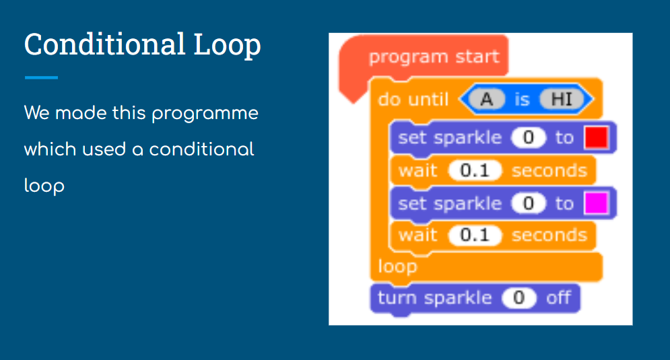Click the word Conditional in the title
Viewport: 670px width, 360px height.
coord(104,44)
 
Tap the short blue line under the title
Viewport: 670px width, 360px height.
coord(41,77)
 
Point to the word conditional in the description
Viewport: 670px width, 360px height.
coord(201,149)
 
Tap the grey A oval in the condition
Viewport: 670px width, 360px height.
coord(487,100)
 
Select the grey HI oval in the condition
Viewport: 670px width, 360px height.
coord(562,100)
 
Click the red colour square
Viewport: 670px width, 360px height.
coord(596,137)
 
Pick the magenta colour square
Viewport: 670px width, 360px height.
coord(596,203)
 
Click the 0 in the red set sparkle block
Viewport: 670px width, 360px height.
coord(529,137)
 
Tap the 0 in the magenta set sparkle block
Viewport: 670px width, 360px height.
coord(529,203)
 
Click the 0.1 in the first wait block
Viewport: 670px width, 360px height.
coord(475,171)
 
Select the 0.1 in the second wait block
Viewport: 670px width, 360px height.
coord(475,236)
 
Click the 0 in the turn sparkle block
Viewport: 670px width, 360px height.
coord(518,297)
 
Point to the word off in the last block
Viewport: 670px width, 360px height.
coord(558,297)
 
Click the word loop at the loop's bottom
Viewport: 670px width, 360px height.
coord(397,267)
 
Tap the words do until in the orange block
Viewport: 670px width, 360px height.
coord(413,100)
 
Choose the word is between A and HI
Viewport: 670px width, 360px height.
coord(522,100)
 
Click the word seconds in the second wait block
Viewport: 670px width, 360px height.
coord(549,236)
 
